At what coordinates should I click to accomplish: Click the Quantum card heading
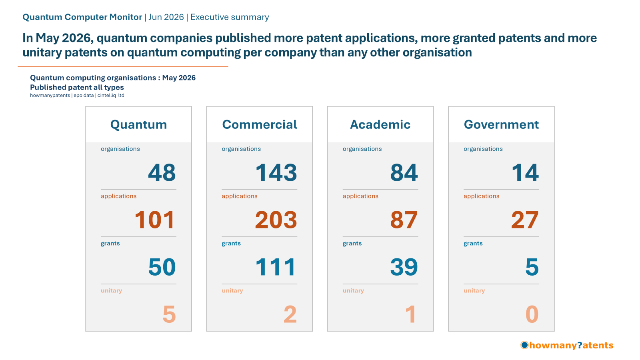pos(138,124)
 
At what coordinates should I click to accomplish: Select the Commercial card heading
pos(260,124)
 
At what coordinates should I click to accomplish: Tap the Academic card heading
pos(380,124)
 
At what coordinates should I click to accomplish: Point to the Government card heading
pos(501,124)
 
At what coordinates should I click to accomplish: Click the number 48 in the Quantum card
pos(162,172)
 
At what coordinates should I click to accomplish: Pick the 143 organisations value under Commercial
pos(276,172)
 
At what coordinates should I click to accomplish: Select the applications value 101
pos(154,220)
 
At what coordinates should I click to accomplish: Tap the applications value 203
pos(276,220)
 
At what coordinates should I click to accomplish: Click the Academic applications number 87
pos(404,220)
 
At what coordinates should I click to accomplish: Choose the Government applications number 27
pos(525,220)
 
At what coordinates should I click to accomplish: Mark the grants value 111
pos(276,267)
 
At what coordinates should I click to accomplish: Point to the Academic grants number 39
pos(404,267)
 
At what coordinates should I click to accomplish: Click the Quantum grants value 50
pos(162,267)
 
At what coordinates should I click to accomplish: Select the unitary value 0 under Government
pos(532,314)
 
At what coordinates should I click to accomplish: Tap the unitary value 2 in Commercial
pos(290,314)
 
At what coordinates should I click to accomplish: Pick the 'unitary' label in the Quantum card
pos(112,290)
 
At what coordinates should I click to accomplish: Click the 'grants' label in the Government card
pos(473,244)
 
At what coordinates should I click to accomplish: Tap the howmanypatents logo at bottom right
pos(567,345)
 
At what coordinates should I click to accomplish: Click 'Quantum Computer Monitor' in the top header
pos(82,17)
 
